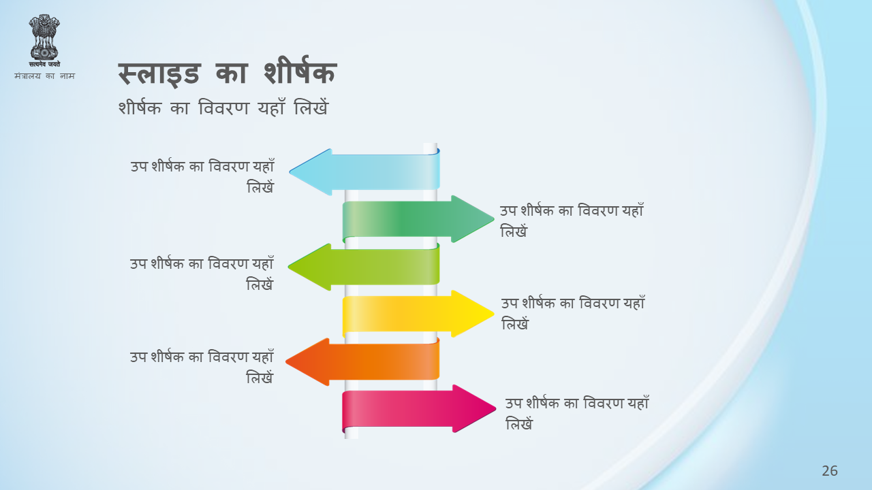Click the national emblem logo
(44, 40)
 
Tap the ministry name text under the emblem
(44, 76)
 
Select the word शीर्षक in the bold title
(300, 71)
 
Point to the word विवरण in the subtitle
(223, 108)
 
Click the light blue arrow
(364, 171)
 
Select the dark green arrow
(418, 219)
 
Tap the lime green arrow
(364, 267)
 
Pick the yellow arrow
(418, 314)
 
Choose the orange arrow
(363, 361)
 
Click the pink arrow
(419, 408)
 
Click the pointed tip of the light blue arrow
(290, 171)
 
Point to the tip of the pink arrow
(496, 408)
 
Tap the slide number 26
(830, 471)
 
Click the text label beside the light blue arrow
(202, 176)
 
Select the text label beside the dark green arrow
(572, 220)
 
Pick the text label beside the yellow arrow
(573, 313)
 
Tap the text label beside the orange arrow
(202, 367)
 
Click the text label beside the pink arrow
(577, 413)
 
